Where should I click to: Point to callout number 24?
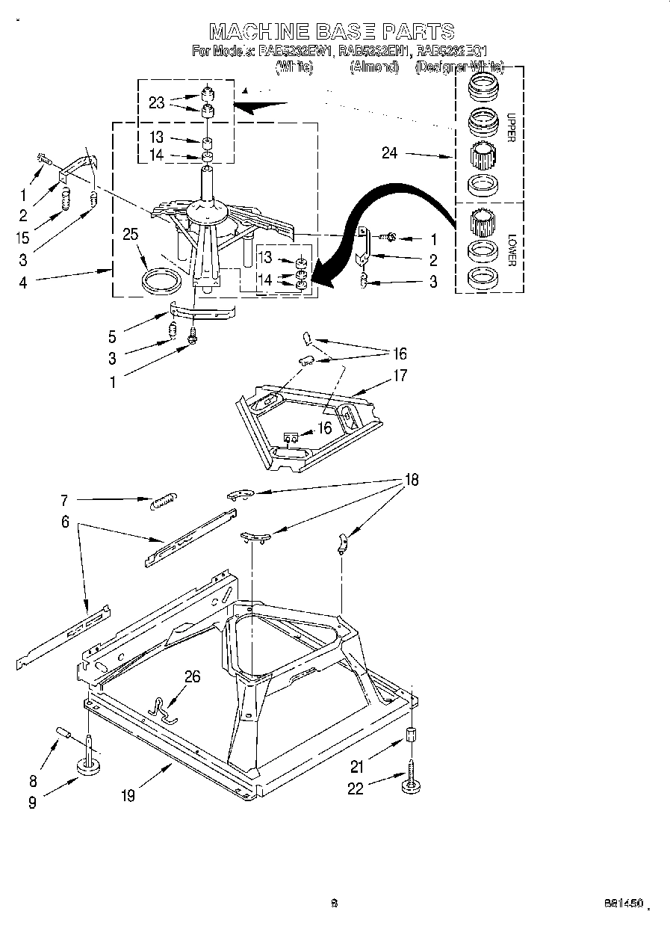(x=390, y=154)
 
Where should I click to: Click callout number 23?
(x=156, y=103)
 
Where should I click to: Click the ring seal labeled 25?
(x=161, y=283)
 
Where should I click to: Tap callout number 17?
(x=400, y=375)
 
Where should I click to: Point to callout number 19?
(x=128, y=796)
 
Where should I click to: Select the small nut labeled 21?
(x=410, y=734)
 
